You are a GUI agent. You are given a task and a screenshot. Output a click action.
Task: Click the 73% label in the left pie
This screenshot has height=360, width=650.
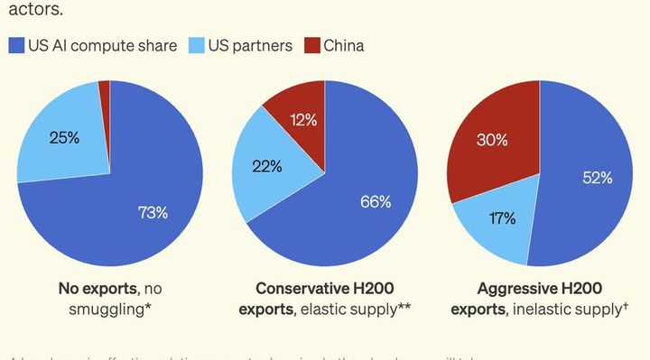tap(153, 213)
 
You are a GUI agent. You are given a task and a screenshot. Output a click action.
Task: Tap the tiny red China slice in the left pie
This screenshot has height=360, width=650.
tap(105, 87)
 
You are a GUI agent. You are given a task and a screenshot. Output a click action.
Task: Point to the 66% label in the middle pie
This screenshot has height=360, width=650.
tap(376, 201)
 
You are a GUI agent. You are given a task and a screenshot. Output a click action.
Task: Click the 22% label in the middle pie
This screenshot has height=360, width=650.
tap(269, 167)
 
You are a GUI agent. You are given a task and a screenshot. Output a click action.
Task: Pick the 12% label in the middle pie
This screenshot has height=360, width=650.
tap(302, 119)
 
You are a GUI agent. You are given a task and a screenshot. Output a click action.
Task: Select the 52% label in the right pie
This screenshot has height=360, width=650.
tap(597, 178)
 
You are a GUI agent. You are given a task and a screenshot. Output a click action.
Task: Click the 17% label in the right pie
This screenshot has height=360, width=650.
tap(503, 217)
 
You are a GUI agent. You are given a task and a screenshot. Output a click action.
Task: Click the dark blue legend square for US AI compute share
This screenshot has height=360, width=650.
tap(16, 44)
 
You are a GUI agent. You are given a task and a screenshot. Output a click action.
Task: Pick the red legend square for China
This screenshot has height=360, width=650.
tap(312, 44)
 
